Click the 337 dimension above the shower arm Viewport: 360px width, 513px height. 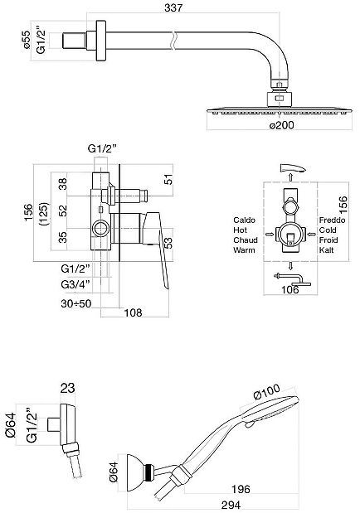[173, 7]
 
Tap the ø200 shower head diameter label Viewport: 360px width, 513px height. [282, 125]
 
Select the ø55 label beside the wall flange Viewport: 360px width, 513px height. [27, 41]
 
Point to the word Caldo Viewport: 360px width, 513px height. [244, 220]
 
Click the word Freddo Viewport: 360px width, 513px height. [332, 220]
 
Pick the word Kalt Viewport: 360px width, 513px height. [326, 250]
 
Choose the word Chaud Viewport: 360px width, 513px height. [246, 240]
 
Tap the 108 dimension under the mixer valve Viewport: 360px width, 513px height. [133, 312]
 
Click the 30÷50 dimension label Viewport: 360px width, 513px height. [76, 303]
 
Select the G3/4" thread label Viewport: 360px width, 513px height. [75, 284]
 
